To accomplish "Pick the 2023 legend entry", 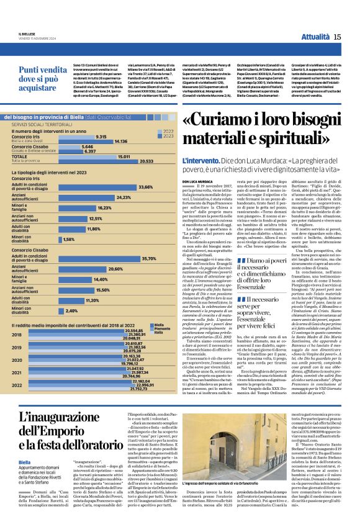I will [167, 136].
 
